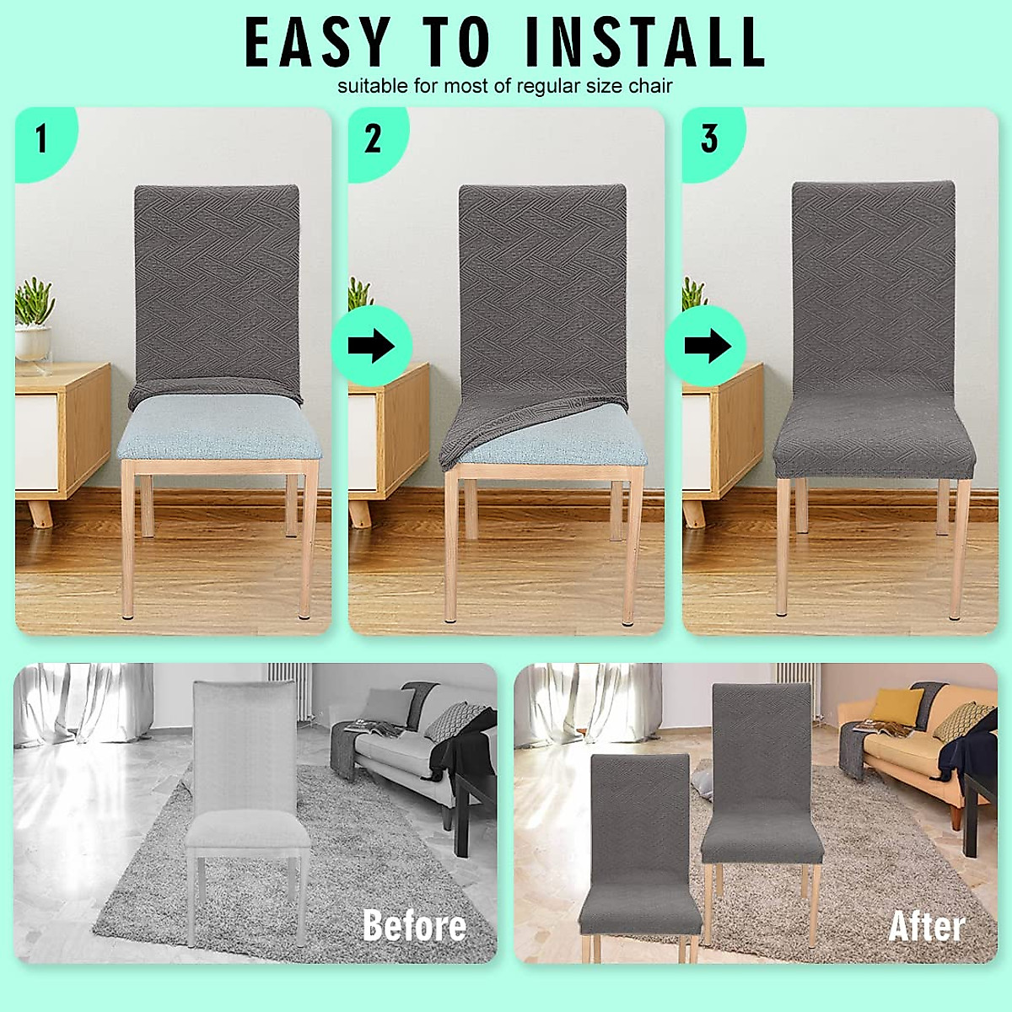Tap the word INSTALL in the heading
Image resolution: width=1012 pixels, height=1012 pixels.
tap(645, 42)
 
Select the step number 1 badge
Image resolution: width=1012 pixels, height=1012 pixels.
tap(40, 138)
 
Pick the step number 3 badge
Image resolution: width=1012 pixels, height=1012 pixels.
tap(709, 138)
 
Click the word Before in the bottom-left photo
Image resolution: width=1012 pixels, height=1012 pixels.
tap(414, 925)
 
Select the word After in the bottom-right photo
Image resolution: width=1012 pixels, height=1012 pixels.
tap(926, 926)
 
